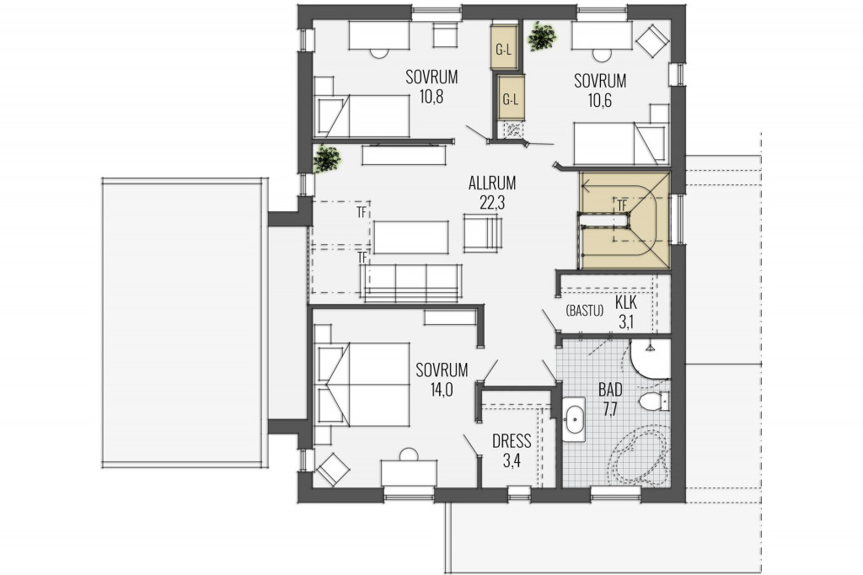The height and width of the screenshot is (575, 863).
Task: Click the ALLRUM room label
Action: coord(492,183)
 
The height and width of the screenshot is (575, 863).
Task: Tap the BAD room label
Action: coord(610,391)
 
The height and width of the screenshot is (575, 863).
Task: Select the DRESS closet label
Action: coord(512,441)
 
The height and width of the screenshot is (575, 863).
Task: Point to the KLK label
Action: coord(626,302)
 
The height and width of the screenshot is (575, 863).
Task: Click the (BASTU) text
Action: coord(584,311)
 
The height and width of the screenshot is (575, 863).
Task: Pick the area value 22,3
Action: coord(492,203)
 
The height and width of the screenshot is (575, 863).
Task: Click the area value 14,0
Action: coord(442,390)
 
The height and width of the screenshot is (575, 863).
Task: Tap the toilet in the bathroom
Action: coord(654,401)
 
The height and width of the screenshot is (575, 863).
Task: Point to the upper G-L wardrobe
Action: coord(504,47)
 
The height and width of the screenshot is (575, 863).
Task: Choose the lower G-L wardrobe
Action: coord(511,98)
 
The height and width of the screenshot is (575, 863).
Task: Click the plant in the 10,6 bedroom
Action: coord(542,35)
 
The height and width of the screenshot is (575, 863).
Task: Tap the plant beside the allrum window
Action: coord(327,159)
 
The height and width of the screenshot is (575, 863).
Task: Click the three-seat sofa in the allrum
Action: coord(410,283)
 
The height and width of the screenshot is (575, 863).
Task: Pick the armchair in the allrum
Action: coord(483,233)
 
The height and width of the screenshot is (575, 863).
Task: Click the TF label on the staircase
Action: coord(621,205)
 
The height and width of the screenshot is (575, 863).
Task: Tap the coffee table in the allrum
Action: coord(411,237)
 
